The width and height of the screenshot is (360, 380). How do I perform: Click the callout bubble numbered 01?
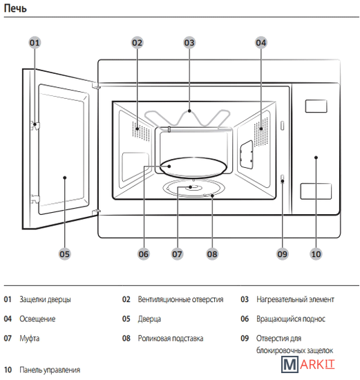[35, 43]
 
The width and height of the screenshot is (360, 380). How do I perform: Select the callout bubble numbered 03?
[189, 43]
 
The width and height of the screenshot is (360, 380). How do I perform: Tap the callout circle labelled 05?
[64, 254]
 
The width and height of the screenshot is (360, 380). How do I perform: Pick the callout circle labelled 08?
[212, 254]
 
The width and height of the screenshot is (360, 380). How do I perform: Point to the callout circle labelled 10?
[316, 254]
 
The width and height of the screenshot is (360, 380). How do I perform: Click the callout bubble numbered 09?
[282, 254]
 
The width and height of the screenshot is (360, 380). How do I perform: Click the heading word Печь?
[15, 8]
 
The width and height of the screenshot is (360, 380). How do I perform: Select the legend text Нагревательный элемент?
[295, 300]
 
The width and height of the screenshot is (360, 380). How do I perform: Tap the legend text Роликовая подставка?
[171, 339]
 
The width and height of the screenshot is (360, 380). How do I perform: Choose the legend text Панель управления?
[50, 370]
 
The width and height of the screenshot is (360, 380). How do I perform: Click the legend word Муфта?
[29, 339]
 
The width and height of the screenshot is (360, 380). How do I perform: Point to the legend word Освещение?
[37, 319]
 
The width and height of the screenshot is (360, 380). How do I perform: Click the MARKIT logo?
[308, 364]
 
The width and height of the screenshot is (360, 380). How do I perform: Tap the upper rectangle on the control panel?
[316, 106]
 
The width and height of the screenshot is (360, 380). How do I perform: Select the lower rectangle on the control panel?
[316, 191]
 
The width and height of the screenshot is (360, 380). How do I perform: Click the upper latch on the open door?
[35, 125]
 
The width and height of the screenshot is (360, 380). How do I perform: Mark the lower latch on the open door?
[35, 199]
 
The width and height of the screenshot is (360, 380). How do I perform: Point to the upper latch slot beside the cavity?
[282, 126]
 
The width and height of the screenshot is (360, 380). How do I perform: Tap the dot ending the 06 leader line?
[169, 167]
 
